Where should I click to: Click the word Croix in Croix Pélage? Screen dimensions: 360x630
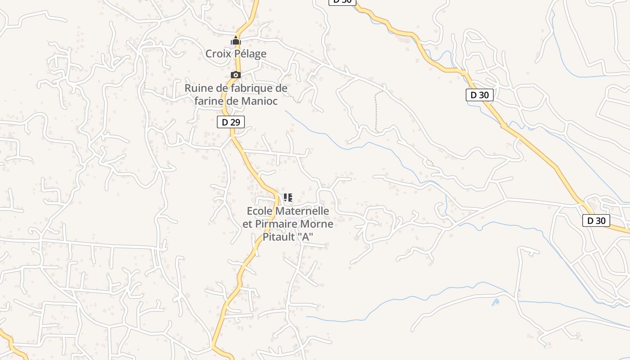click(217, 54)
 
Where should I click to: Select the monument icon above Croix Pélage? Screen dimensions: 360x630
click(236, 41)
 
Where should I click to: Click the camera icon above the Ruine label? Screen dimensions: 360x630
click(236, 75)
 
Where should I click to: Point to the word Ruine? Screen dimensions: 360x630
click(198, 88)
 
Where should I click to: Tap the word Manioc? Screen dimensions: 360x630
click(259, 101)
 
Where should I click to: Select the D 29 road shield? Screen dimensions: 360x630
click(231, 122)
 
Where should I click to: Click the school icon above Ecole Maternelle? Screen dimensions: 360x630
click(288, 197)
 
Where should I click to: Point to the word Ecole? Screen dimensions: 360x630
click(260, 211)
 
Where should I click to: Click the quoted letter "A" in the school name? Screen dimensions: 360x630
click(306, 237)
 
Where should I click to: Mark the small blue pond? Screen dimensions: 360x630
click(496, 302)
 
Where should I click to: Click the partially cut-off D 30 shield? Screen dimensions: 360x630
click(342, 2)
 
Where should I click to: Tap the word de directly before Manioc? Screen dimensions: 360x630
click(233, 101)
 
